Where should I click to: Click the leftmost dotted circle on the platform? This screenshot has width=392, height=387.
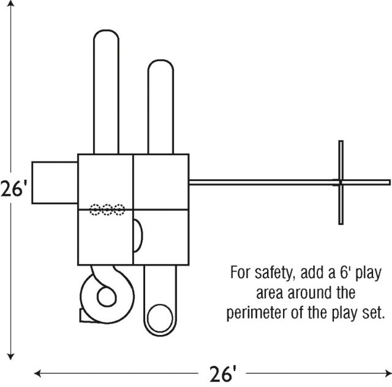click(96, 210)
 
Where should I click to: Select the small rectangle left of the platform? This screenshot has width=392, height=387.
click(55, 182)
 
